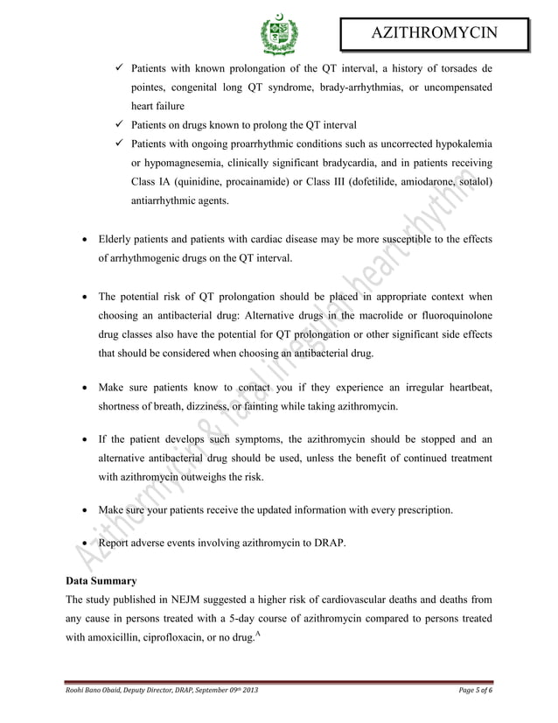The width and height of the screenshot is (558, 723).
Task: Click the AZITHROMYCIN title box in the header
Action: [435, 33]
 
